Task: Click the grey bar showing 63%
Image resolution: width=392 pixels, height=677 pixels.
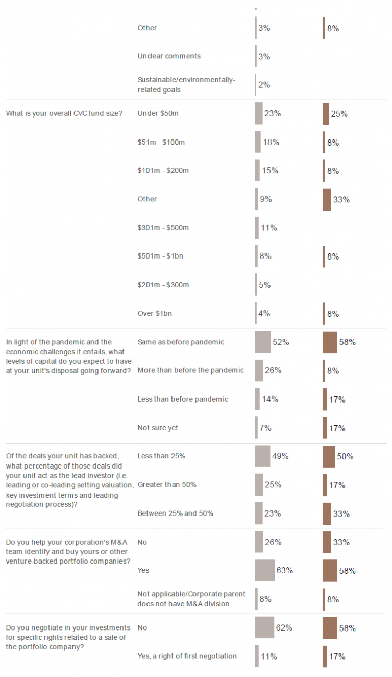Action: [x=265, y=570]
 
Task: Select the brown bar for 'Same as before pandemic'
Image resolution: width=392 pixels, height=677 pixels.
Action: [x=330, y=342]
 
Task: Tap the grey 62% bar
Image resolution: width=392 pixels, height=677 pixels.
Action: [x=264, y=627]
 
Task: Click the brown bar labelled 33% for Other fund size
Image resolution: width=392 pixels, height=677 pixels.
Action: [x=327, y=199]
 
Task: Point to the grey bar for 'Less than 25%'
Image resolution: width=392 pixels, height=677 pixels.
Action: [x=262, y=456]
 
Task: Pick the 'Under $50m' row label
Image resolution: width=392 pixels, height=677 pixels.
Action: [x=158, y=113]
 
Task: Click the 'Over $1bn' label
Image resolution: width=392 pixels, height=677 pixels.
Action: [x=155, y=313]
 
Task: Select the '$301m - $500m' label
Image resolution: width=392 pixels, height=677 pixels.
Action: [x=163, y=228]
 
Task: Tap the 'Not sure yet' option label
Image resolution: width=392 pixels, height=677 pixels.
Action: [x=158, y=428]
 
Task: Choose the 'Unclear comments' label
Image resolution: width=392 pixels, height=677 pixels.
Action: [x=169, y=56]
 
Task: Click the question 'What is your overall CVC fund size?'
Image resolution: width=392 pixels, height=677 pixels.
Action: [x=64, y=113]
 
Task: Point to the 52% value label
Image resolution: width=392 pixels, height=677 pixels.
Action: [x=281, y=342]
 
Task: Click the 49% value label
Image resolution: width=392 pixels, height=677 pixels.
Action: [x=280, y=456]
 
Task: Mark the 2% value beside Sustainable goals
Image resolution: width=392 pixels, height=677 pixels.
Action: [x=264, y=85]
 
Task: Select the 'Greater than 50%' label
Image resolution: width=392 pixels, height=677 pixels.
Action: [x=167, y=484]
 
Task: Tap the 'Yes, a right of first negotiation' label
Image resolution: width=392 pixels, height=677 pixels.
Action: [x=187, y=656]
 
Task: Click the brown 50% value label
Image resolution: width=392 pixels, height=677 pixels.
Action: [x=345, y=456]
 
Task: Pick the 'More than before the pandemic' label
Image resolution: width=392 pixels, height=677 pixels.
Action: [x=191, y=370]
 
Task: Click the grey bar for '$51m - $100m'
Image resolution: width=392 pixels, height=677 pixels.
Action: [x=258, y=142]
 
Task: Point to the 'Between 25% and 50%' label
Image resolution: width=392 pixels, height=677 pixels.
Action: [x=175, y=513]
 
